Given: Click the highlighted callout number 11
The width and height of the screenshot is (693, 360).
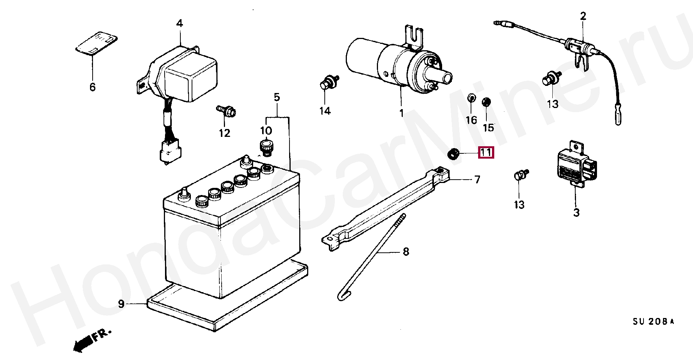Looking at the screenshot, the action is click(486, 153).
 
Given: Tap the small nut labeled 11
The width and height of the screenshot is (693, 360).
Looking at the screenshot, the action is click(454, 153).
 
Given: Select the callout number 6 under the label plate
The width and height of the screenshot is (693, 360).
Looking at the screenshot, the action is click(92, 87).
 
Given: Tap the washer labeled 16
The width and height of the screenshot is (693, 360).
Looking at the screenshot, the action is click(471, 99).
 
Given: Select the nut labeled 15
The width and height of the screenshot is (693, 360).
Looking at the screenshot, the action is click(487, 102).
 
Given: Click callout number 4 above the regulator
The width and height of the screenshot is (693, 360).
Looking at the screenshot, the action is click(180, 24).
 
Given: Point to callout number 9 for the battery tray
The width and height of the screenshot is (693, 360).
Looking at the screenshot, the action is click(121, 303).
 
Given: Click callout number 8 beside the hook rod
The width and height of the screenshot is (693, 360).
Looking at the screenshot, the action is click(406, 252).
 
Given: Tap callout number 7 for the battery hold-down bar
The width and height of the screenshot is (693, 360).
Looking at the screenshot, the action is click(477, 180).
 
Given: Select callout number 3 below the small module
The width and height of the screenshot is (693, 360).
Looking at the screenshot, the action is click(576, 213).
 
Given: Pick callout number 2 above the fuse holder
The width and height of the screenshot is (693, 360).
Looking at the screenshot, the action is click(583, 16).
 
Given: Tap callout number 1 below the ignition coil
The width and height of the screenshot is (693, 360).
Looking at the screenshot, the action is click(401, 113).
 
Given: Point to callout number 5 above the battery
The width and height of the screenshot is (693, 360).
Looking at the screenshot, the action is click(277, 97).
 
